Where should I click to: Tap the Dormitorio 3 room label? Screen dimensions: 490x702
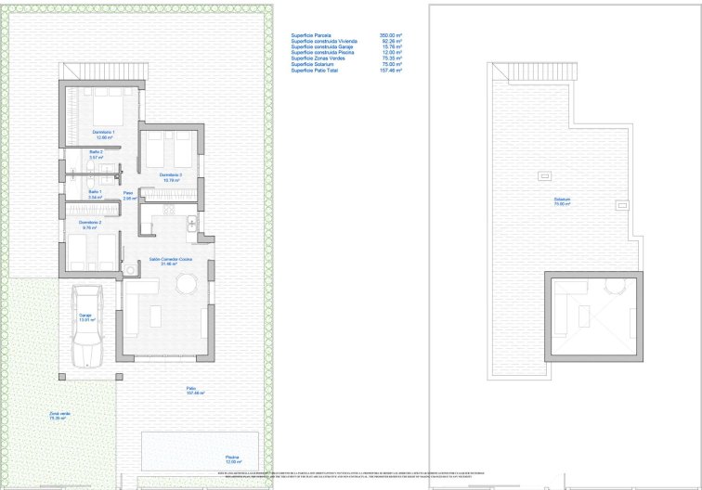(x=169, y=176)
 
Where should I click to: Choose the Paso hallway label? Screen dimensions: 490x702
(x=129, y=195)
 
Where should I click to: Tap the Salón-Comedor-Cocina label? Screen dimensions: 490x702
(x=163, y=262)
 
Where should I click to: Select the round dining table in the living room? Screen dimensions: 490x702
(x=188, y=283)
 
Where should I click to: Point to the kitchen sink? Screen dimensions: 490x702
(x=189, y=223)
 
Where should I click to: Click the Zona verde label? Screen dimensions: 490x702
(x=60, y=416)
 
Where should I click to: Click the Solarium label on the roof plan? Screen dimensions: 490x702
(x=563, y=200)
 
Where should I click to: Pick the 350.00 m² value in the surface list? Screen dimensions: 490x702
(x=391, y=34)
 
